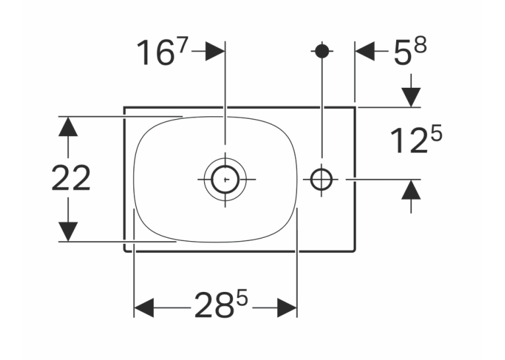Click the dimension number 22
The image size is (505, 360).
click(71, 178)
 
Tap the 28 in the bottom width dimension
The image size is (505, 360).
click(214, 305)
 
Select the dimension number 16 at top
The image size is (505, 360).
click(156, 52)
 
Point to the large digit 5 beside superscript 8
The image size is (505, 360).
click(403, 53)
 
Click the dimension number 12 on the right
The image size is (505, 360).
click(410, 141)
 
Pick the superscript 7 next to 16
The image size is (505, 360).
click(182, 46)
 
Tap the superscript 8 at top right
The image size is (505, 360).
click(421, 45)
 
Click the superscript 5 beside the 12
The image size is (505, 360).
click(436, 133)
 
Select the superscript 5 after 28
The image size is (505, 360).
click(242, 297)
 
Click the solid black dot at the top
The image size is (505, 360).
click(321, 51)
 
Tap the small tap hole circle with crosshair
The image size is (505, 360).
click(321, 179)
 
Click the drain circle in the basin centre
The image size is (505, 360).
click(225, 179)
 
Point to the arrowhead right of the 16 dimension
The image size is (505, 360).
click(215, 51)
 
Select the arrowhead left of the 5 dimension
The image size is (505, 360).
click(364, 51)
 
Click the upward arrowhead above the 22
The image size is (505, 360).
click(68, 126)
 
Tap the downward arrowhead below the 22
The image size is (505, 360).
click(68, 232)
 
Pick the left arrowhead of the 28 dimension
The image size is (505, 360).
click(144, 308)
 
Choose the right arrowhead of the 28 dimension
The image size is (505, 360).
click(287, 308)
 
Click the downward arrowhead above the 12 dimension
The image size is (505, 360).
click(411, 97)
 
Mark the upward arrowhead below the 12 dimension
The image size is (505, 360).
click(411, 190)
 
